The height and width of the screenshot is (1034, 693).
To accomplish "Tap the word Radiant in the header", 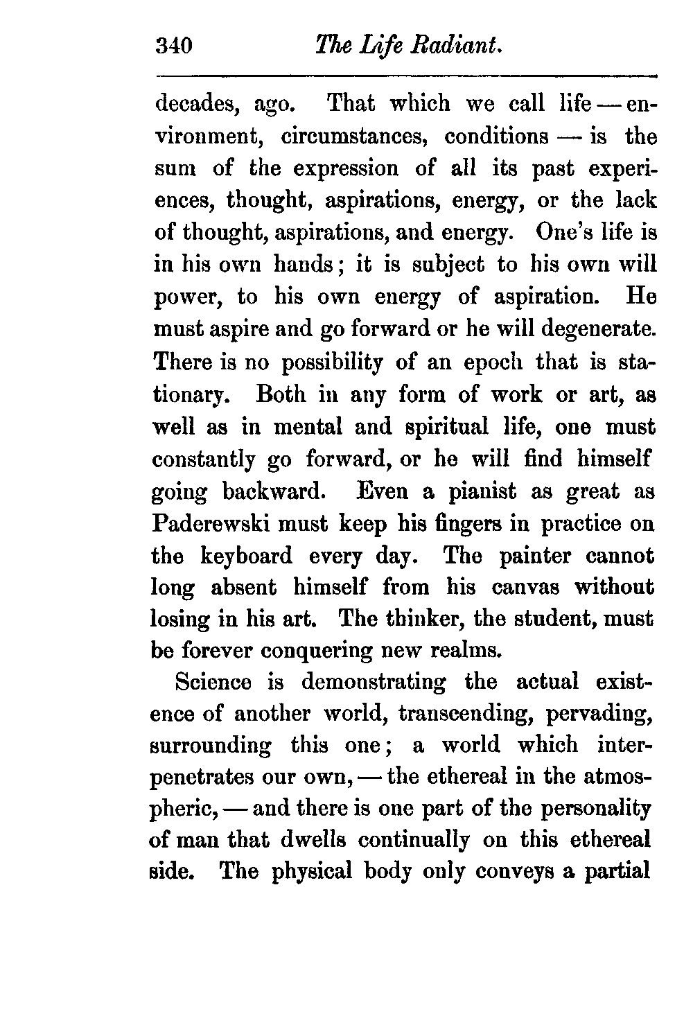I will coord(457,46).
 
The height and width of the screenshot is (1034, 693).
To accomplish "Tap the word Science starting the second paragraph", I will coord(213,682).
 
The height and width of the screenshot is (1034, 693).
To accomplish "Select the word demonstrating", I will coord(374,682).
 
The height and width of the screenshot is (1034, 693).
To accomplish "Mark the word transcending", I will coord(457,715).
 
